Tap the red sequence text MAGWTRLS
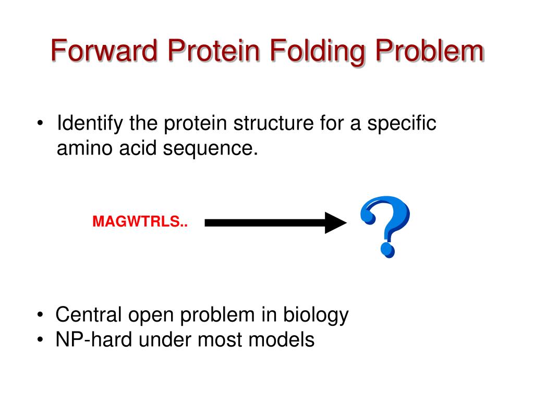coord(140,222)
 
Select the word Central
coord(89,315)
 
